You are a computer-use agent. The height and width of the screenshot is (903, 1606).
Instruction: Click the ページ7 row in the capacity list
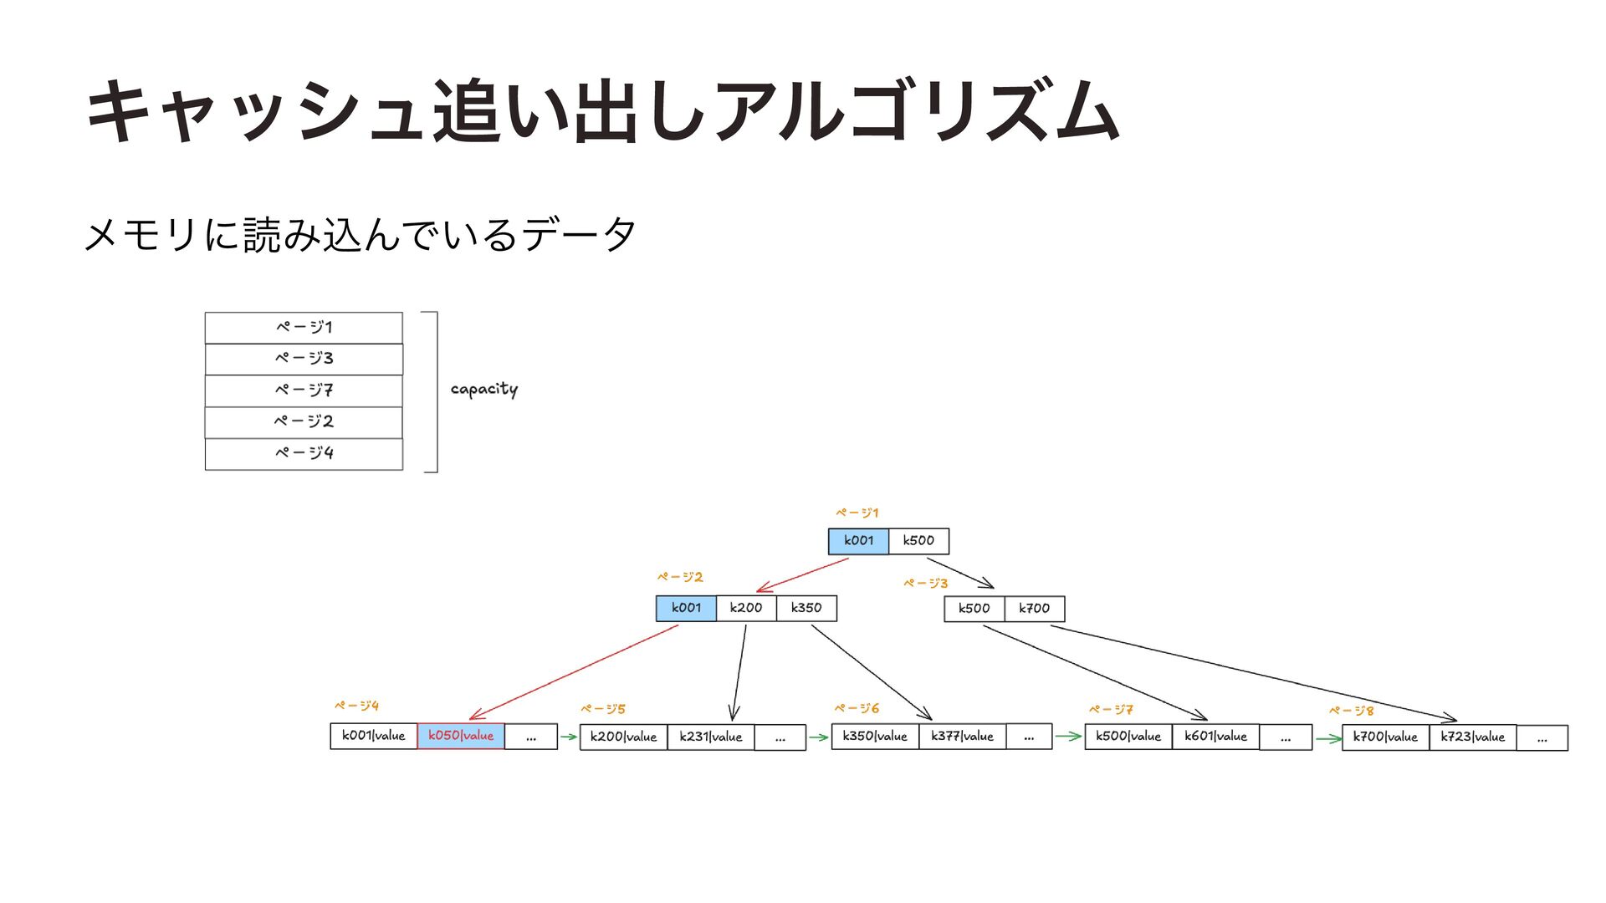[304, 390]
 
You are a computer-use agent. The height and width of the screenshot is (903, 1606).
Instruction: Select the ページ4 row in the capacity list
[304, 454]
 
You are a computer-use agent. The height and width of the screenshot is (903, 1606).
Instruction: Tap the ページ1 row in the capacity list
[304, 328]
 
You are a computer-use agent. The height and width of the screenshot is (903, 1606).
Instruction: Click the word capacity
[484, 390]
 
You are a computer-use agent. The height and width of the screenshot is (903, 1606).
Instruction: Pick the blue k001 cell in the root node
[858, 541]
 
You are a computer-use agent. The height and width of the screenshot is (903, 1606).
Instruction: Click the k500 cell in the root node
[918, 541]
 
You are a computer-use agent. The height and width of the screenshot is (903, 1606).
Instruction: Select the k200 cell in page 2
[746, 608]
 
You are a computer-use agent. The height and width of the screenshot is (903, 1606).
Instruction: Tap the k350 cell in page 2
[806, 608]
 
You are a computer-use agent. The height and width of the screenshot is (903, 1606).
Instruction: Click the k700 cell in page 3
[1034, 609]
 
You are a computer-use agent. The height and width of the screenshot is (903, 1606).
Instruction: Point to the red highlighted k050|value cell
[461, 736]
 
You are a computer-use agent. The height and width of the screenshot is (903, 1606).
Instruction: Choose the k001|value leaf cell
[374, 736]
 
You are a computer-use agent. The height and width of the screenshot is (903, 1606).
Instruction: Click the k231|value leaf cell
[711, 737]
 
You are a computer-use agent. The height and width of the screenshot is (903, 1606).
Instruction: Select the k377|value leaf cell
[963, 737]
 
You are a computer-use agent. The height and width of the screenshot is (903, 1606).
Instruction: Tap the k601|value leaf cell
[1215, 737]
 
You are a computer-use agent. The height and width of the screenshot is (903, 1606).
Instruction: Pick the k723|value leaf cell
[1473, 737]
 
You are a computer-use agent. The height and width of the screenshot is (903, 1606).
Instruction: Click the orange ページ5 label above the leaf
[603, 709]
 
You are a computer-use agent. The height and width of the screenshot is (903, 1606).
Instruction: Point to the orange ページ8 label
[1352, 711]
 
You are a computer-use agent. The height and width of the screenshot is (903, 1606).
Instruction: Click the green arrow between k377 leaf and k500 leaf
[1068, 737]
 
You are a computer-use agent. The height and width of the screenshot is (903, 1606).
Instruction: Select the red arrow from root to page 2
[803, 575]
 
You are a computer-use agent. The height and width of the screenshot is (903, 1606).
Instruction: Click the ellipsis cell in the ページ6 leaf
[1029, 737]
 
